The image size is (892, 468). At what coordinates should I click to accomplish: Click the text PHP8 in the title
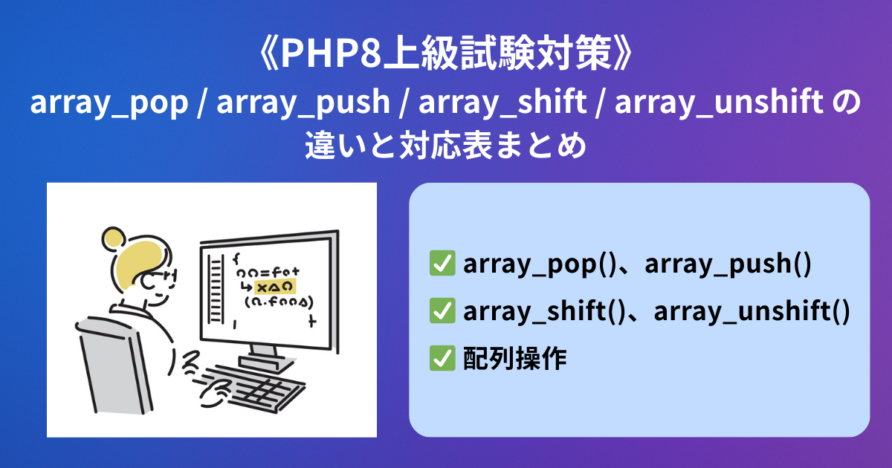(332, 53)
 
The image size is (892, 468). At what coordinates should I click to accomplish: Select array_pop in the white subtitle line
(109, 103)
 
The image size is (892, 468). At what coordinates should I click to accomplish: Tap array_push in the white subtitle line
(303, 103)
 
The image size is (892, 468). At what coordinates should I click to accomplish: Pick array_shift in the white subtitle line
(502, 102)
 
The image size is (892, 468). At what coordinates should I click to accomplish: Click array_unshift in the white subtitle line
(720, 102)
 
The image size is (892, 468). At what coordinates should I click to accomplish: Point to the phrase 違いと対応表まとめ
(445, 145)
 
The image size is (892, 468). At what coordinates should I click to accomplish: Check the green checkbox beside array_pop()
(442, 263)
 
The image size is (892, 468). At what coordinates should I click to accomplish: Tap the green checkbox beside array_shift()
(442, 311)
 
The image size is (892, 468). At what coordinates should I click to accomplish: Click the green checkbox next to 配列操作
(442, 358)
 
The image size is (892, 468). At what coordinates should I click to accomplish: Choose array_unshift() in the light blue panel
(752, 311)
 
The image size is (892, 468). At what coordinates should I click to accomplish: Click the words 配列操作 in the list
(515, 359)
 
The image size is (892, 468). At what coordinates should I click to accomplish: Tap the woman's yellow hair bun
(113, 237)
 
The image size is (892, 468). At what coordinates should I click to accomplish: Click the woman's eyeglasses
(161, 278)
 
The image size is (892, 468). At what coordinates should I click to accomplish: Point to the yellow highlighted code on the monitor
(275, 287)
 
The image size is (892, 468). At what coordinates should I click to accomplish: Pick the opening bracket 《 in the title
(269, 54)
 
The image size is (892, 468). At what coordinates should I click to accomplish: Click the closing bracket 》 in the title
(622, 54)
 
